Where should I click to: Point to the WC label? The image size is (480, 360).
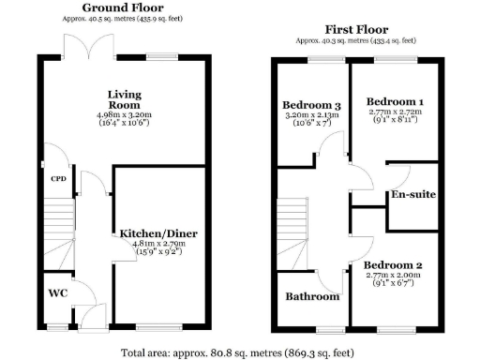(57, 292)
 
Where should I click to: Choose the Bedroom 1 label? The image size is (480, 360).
(395, 101)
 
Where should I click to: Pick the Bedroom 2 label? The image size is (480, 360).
(394, 266)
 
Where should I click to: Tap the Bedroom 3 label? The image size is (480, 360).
(311, 104)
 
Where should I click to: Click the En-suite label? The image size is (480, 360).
(413, 195)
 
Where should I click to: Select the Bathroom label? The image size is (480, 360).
(312, 296)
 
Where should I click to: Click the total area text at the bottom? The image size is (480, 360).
(237, 353)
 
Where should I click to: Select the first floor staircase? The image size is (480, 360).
(292, 234)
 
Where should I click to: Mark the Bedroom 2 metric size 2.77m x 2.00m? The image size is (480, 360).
(394, 277)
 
